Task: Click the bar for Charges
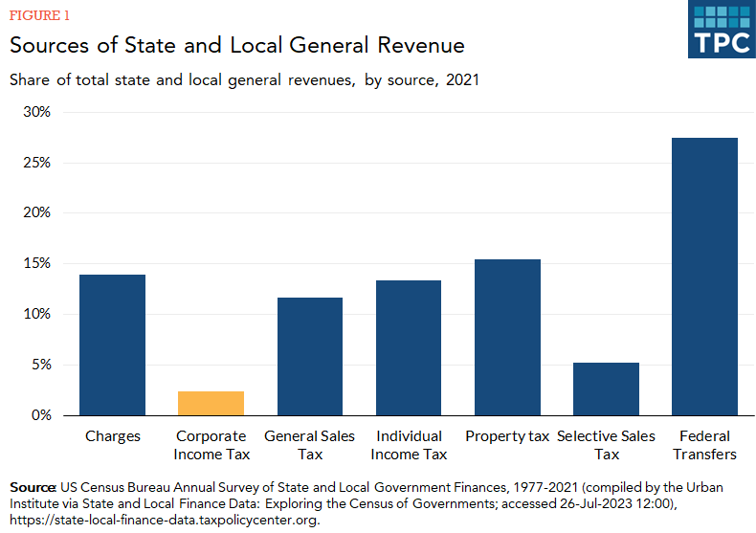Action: coord(112,344)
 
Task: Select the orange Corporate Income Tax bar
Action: coord(211,403)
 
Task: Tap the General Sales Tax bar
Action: coord(310,356)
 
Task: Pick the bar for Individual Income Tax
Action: coord(409,347)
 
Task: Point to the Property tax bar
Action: coord(507,337)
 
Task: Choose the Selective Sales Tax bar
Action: coord(606,389)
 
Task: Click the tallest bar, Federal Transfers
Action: coord(704,277)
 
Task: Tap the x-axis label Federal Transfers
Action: coord(704,445)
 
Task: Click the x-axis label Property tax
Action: coord(507,436)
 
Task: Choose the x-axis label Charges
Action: coord(112,436)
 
